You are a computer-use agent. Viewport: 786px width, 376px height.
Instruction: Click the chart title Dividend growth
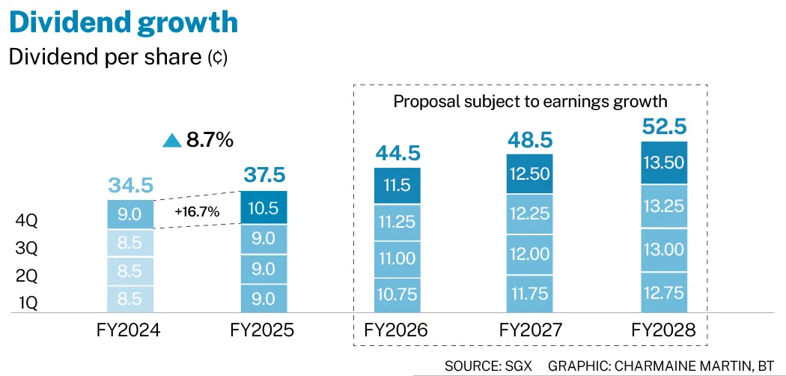[123, 22]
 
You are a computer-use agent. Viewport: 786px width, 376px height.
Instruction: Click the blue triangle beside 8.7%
[172, 140]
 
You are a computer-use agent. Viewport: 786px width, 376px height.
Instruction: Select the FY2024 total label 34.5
[130, 184]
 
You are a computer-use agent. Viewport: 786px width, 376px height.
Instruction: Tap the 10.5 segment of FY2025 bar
[263, 207]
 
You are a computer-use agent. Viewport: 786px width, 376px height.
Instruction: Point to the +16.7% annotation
[197, 212]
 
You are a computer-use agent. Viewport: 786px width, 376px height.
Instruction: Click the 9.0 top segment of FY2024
[130, 215]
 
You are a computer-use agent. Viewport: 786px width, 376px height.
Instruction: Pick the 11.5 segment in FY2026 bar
[397, 186]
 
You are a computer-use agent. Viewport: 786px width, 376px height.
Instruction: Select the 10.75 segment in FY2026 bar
[397, 294]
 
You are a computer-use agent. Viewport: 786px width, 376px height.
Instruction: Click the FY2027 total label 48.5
[530, 139]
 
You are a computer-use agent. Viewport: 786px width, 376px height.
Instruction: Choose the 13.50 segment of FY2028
[664, 163]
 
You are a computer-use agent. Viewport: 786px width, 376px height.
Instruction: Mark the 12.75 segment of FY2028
[664, 293]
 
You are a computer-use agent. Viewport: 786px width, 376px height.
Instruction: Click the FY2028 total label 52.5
[664, 125]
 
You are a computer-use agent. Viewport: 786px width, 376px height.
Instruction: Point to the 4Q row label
[26, 221]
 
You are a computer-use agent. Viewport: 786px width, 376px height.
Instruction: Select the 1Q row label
[26, 303]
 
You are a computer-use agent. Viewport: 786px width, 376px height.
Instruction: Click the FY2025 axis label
[263, 330]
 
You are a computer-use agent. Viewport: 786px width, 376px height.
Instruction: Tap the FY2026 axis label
[397, 330]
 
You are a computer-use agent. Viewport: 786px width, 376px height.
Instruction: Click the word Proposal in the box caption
[423, 102]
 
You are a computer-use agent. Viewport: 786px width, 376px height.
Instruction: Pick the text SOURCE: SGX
[487, 366]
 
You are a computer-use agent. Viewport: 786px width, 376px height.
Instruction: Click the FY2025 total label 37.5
[263, 175]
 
